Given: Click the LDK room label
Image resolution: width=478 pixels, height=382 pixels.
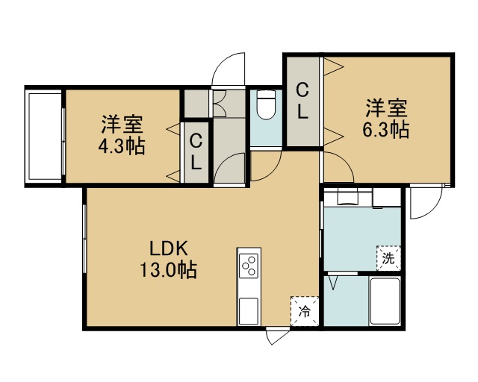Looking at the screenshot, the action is pyautogui.click(x=168, y=249).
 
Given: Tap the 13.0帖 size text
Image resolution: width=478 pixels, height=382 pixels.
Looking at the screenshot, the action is pyautogui.click(x=168, y=269).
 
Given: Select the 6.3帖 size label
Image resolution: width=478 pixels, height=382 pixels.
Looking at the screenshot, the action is pyautogui.click(x=385, y=130).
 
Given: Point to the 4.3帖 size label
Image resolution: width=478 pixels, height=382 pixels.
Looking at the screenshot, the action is pyautogui.click(x=121, y=146).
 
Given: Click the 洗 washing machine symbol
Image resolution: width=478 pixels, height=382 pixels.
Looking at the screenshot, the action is pyautogui.click(x=388, y=258).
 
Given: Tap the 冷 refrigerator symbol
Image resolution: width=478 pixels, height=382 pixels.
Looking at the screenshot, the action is pyautogui.click(x=305, y=311).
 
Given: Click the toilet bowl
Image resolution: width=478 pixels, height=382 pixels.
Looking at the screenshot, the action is pyautogui.click(x=266, y=105).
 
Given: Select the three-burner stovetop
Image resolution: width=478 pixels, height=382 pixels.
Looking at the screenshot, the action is pyautogui.click(x=249, y=266).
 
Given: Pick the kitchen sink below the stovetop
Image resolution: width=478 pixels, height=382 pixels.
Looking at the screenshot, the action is pyautogui.click(x=249, y=311).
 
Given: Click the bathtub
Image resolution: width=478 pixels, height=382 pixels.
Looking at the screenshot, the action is pyautogui.click(x=385, y=301).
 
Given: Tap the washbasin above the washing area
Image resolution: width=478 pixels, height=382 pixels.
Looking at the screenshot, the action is pyautogui.click(x=348, y=197).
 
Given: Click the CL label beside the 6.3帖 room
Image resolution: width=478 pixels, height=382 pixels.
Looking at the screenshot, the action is pyautogui.click(x=302, y=101).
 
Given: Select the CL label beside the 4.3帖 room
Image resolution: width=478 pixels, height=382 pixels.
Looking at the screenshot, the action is pyautogui.click(x=196, y=152).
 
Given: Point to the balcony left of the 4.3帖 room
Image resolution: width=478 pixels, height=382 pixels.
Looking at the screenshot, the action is pyautogui.click(x=44, y=137).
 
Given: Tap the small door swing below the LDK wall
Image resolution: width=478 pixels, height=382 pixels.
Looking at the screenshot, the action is pyautogui.click(x=277, y=336).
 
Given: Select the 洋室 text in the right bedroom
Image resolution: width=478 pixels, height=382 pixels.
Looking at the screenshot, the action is pyautogui.click(x=387, y=108).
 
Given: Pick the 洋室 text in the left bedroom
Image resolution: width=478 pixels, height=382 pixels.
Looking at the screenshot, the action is pyautogui.click(x=122, y=125).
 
